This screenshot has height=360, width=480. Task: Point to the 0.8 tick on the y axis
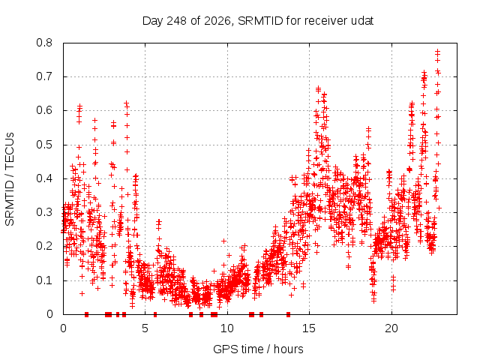coord(44,43)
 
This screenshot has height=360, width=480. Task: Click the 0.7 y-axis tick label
coord(44,76)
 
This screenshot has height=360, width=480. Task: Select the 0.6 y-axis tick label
coord(44,110)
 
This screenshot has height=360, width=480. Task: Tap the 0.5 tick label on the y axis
coord(44,145)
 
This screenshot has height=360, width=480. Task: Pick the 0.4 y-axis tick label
coord(44,178)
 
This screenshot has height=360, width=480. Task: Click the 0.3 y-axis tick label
coord(44,212)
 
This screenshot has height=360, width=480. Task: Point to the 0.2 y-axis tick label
coord(44,246)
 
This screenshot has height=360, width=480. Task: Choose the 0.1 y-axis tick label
coord(44,280)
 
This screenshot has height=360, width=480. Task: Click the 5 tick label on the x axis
coord(145,328)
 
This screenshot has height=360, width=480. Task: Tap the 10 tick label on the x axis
coord(226,328)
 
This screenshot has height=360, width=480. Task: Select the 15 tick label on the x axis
coord(309,328)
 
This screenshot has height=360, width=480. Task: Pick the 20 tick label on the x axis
coord(391,328)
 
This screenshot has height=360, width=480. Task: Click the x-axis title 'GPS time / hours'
coord(258,349)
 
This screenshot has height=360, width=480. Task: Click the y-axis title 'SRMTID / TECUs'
coord(10,179)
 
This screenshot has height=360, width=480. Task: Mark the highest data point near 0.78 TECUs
coord(437,51)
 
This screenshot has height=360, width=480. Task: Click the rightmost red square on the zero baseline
coord(288,314)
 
